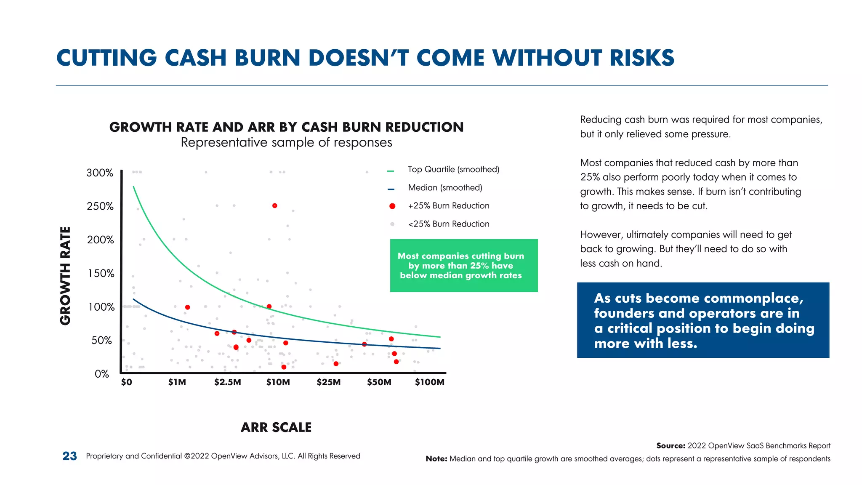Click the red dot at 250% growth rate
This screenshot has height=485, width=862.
(x=274, y=206)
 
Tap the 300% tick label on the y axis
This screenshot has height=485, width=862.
(x=100, y=173)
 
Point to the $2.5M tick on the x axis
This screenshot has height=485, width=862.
(x=227, y=382)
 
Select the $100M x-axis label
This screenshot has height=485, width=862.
(x=429, y=382)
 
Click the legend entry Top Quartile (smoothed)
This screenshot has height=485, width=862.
(x=453, y=170)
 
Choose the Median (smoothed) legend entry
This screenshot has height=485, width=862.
(x=445, y=188)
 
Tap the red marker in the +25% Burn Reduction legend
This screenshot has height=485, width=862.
(x=392, y=206)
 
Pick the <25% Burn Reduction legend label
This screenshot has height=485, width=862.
(x=449, y=224)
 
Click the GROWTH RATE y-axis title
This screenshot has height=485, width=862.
(x=66, y=276)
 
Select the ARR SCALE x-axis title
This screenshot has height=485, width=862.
(x=276, y=427)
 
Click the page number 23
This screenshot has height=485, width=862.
(x=70, y=456)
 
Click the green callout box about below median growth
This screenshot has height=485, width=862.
(x=463, y=266)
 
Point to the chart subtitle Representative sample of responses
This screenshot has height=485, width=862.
(x=286, y=143)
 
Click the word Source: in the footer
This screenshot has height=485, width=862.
(x=671, y=446)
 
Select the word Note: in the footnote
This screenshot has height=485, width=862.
(x=436, y=459)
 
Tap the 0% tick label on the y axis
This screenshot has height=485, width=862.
(x=102, y=374)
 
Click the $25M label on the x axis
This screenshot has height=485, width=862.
(x=328, y=382)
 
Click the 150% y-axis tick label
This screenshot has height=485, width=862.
(x=101, y=274)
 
